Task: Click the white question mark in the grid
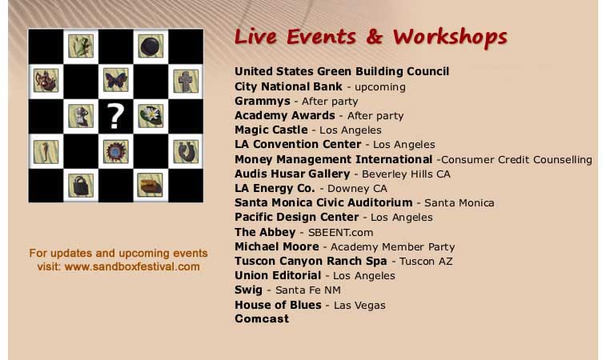[115, 116]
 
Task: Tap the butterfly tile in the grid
[116, 80]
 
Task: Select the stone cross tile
[186, 81]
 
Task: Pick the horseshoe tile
[186, 151]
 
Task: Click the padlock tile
[81, 186]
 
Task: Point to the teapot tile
[46, 80]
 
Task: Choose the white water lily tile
[150, 116]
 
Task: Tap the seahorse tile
[46, 151]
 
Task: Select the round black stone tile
[150, 46]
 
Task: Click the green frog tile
[81, 46]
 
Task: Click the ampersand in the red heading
[374, 37]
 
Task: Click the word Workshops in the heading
[450, 38]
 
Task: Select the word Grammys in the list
[263, 102]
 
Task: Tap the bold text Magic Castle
[271, 130]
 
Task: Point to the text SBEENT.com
[340, 233]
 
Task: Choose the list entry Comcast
[262, 318]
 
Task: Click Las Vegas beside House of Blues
[359, 305]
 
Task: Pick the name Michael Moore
[277, 246]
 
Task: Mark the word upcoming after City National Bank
[380, 87]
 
